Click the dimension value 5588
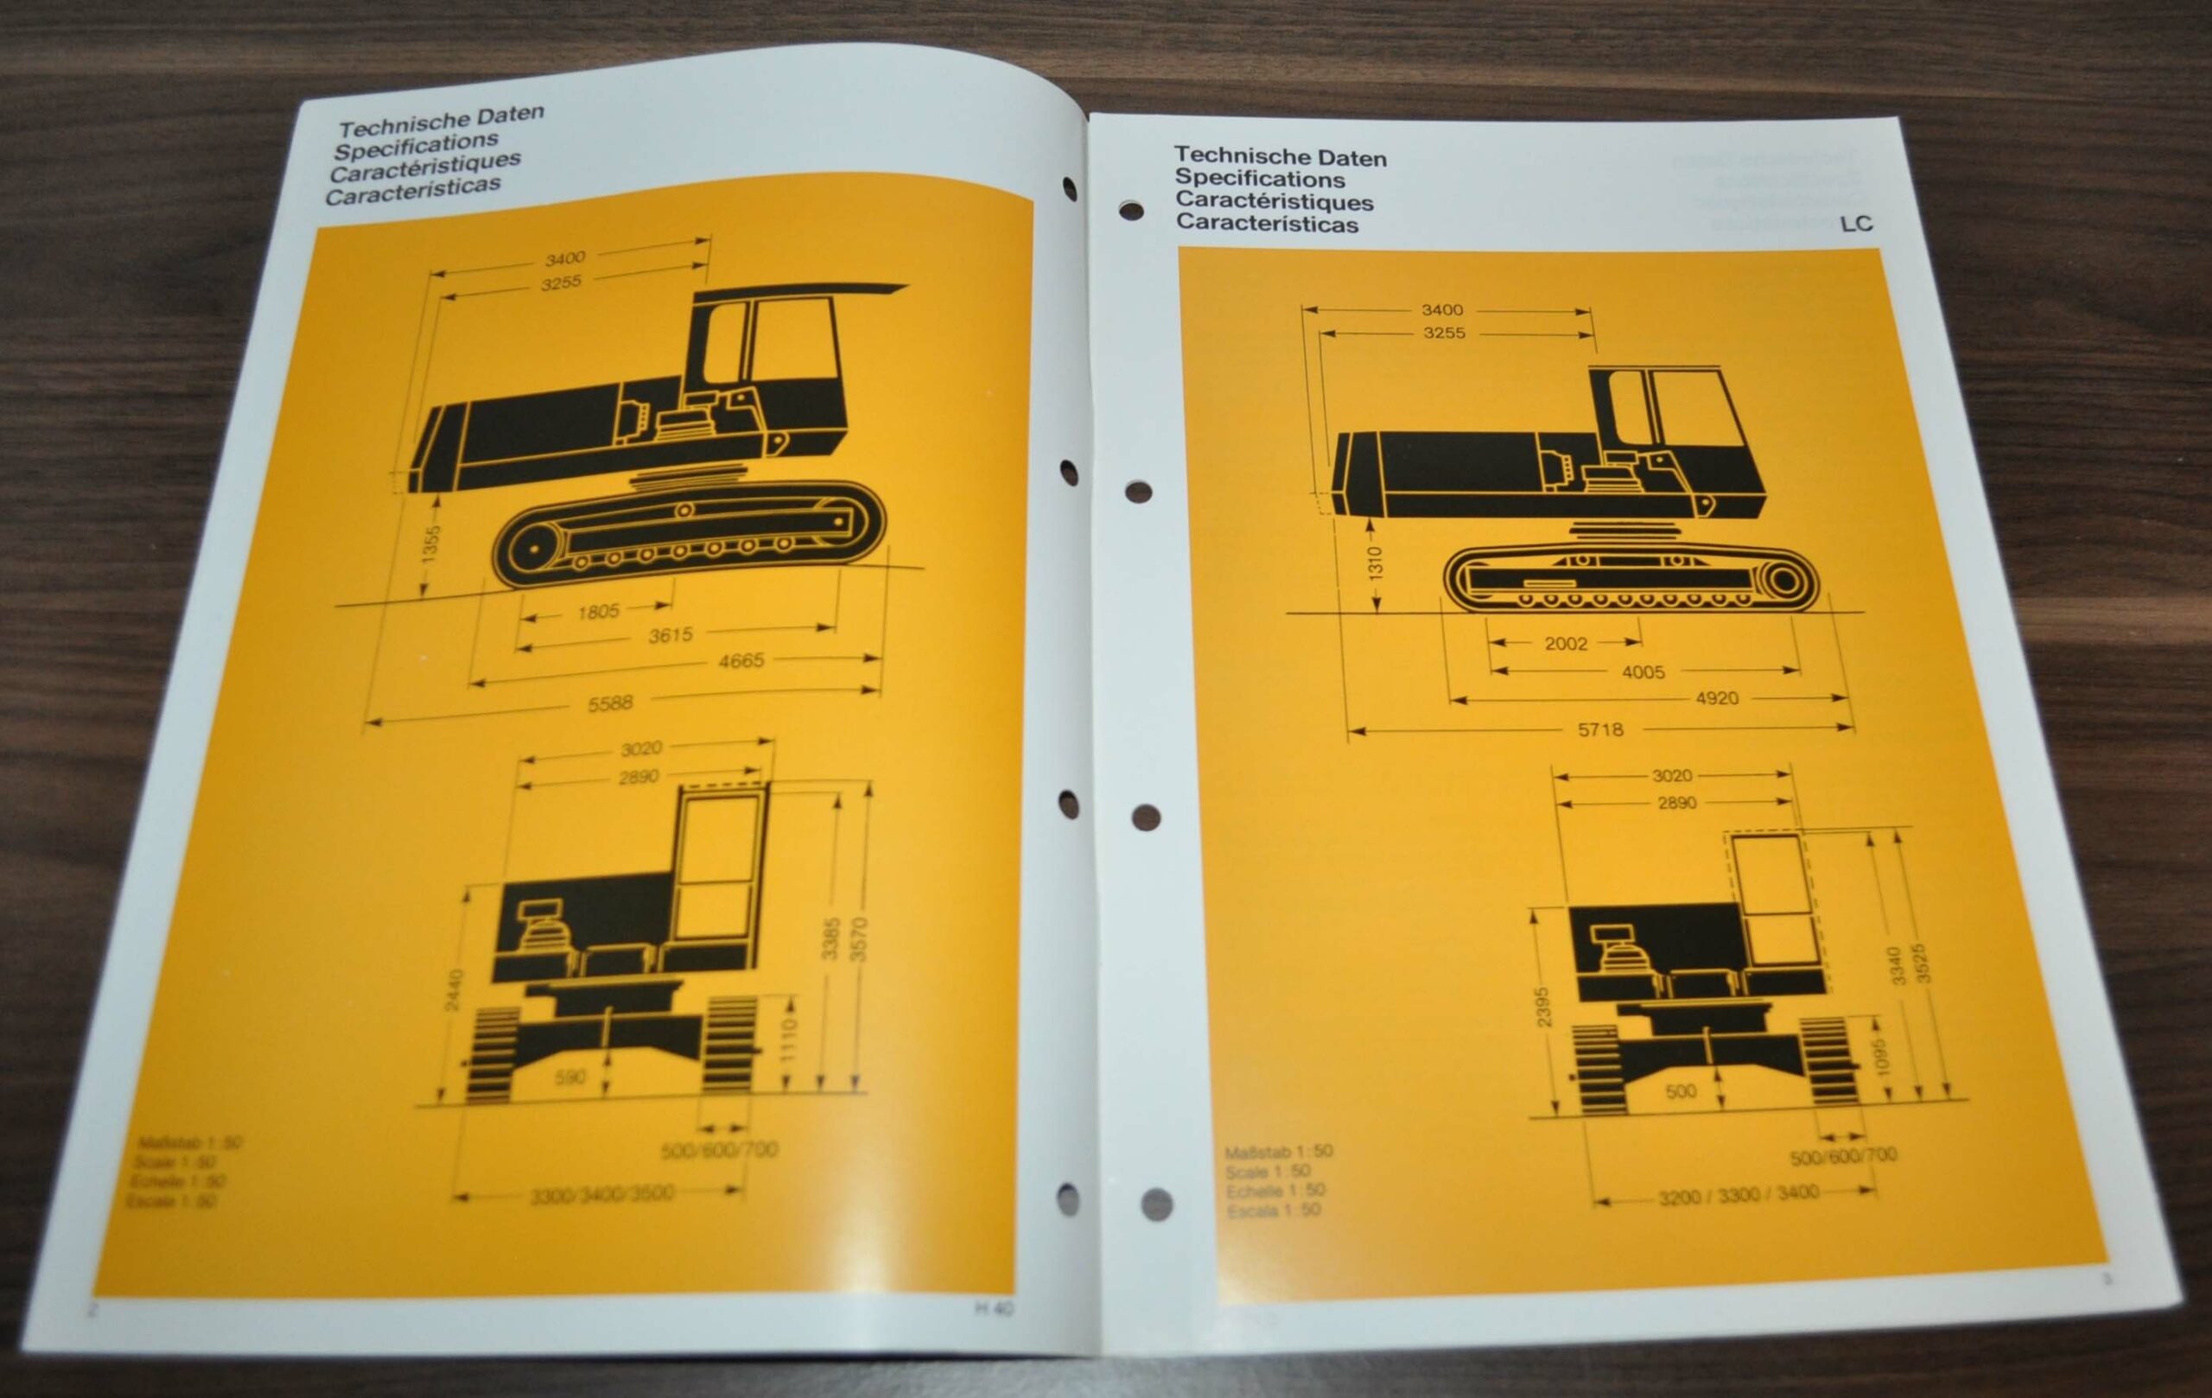(x=611, y=703)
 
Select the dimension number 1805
(x=598, y=611)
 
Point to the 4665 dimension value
(x=741, y=660)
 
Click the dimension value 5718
(x=1600, y=730)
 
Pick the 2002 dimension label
(x=1566, y=644)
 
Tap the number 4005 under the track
(x=1643, y=672)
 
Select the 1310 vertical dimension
(x=1375, y=564)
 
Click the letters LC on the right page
(x=1856, y=224)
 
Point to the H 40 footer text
(x=994, y=1309)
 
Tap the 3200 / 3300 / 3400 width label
(x=1738, y=1196)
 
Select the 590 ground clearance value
(x=569, y=1077)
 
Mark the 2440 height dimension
(x=454, y=990)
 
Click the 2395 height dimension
(x=1542, y=1007)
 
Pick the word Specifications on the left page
(x=416, y=146)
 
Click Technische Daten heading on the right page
(x=1280, y=157)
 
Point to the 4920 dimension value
(x=1716, y=698)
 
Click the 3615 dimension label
(x=670, y=635)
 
